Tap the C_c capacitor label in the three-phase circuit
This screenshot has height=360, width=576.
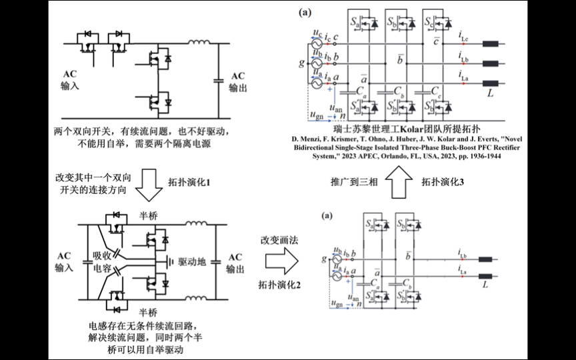click(437, 89)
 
